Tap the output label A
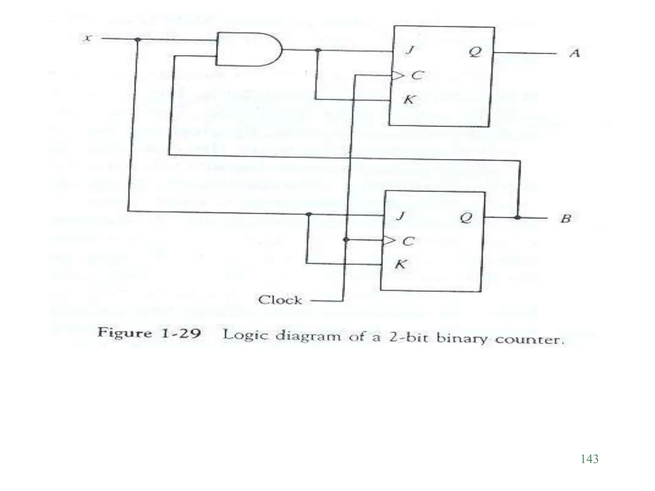pos(575,53)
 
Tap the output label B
pos(566,219)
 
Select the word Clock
pos(280,300)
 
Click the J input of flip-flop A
pos(410,50)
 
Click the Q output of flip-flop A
pos(475,52)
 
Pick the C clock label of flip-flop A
pos(417,75)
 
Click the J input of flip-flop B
pos(400,216)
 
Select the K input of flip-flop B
pos(400,264)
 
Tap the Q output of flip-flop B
pos(466,218)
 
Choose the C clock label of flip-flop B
pos(408,241)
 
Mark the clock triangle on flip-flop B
pos(388,240)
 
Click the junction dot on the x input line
pos(138,39)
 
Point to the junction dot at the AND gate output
pos(318,50)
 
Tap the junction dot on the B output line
pos(517,218)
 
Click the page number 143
pos(589,459)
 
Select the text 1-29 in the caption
pos(181,333)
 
